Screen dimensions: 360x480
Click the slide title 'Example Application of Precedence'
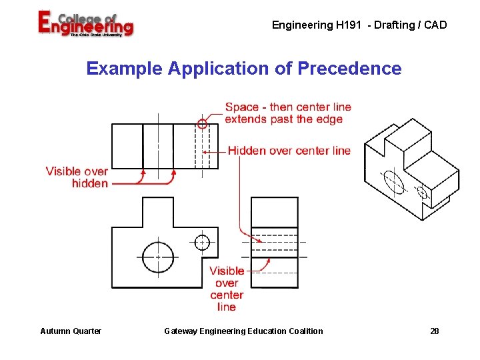click(244, 69)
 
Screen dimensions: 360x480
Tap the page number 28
click(435, 331)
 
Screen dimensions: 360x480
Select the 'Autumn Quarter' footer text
click(71, 331)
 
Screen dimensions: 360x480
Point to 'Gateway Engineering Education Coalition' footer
click(243, 331)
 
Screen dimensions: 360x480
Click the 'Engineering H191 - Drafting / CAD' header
click(359, 25)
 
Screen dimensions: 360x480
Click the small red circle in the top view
click(202, 123)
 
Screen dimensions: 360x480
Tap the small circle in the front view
click(202, 242)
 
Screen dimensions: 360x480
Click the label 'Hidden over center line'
click(289, 151)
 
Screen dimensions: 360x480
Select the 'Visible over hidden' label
click(77, 177)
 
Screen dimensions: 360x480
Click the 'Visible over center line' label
click(227, 289)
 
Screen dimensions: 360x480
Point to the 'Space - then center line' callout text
click(288, 107)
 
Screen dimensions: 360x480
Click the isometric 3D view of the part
click(411, 169)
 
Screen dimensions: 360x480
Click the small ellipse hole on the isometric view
click(422, 193)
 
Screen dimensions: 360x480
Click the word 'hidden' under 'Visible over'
click(90, 183)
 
